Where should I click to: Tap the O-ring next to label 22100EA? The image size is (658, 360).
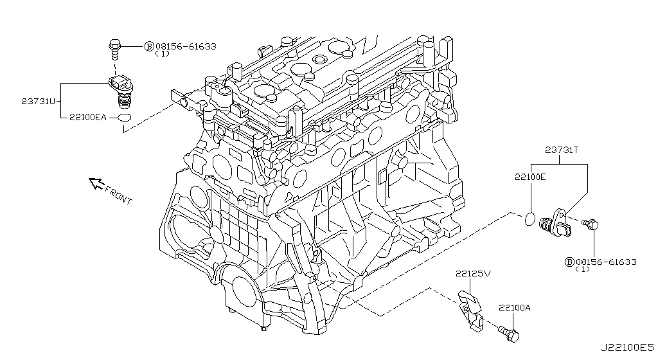click(x=125, y=118)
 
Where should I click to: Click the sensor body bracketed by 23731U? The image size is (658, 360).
click(x=122, y=91)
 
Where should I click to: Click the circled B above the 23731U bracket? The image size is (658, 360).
click(x=148, y=46)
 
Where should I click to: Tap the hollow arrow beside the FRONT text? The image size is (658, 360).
click(x=96, y=184)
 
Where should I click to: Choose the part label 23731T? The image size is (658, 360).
click(x=562, y=150)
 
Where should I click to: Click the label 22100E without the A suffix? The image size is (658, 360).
click(x=529, y=176)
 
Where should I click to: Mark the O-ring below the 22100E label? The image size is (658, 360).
click(x=529, y=219)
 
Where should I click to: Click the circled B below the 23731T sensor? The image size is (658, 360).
click(x=569, y=262)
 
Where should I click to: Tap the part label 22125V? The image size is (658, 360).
click(x=474, y=273)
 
